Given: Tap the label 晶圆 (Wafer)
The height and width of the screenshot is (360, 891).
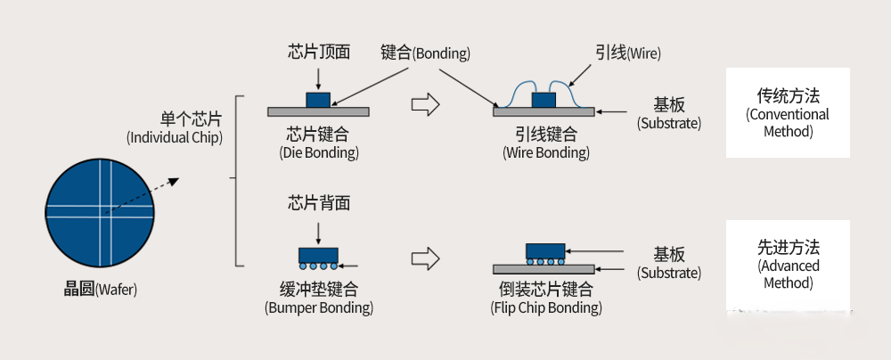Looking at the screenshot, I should pyautogui.click(x=100, y=289).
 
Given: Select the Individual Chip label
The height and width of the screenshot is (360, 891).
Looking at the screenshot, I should pyautogui.click(x=175, y=128).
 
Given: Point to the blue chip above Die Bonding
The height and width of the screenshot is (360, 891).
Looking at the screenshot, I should pyautogui.click(x=318, y=99).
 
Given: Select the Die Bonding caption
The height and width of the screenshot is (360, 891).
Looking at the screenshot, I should pyautogui.click(x=318, y=143).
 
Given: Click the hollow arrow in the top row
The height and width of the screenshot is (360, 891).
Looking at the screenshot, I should pyautogui.click(x=426, y=104).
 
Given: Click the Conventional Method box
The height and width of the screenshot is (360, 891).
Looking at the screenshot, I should pyautogui.click(x=787, y=112).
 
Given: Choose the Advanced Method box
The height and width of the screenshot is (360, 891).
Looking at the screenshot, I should pyautogui.click(x=787, y=264).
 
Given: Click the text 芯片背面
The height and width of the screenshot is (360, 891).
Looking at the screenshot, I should pyautogui.click(x=318, y=203).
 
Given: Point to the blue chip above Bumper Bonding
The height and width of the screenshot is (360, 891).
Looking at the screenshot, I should pyautogui.click(x=318, y=254).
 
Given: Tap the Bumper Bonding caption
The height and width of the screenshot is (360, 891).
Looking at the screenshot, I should pyautogui.click(x=318, y=299).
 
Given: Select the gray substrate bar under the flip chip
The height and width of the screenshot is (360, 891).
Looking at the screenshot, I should pyautogui.click(x=544, y=269).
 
